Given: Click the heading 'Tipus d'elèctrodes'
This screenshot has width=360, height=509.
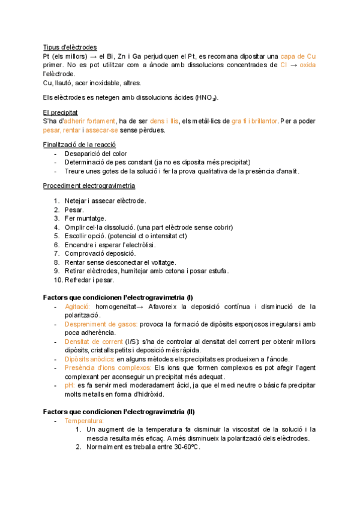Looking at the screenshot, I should tap(70, 47).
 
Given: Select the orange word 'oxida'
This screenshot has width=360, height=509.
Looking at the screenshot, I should tap(308, 65).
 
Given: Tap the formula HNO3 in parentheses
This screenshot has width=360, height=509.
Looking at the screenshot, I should tap(207, 98).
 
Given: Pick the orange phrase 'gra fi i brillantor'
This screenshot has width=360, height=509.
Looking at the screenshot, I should tap(254, 121).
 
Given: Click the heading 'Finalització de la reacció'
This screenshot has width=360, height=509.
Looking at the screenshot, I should tap(79, 145).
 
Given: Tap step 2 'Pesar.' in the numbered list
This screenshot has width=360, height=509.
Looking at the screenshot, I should tap(74, 209).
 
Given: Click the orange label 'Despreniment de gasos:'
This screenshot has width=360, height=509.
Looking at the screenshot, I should tap(101, 324).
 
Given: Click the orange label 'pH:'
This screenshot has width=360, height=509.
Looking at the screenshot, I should tap(70, 385).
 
